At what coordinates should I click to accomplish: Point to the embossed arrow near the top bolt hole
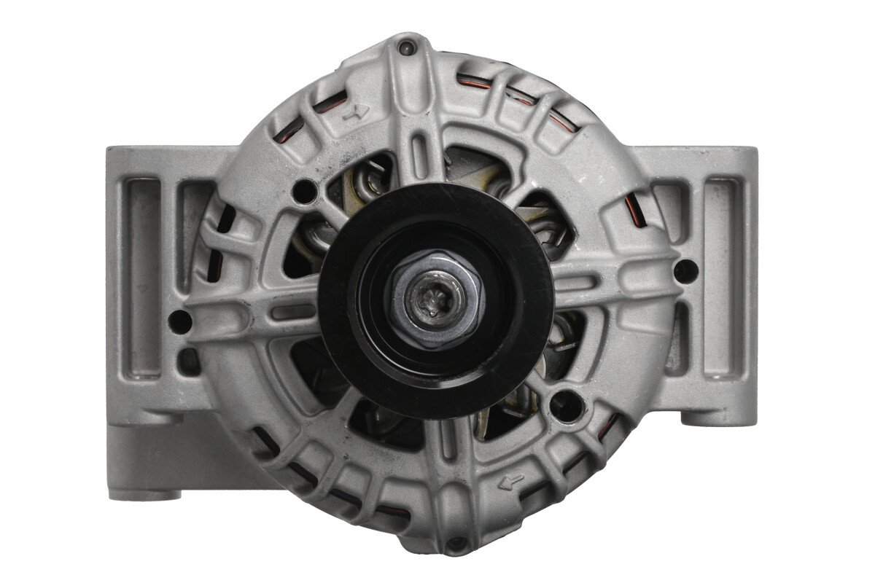click(357, 111)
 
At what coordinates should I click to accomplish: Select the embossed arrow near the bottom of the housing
click(513, 480)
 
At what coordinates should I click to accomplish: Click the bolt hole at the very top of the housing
click(406, 48)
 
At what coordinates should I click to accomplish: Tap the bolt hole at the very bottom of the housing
click(456, 543)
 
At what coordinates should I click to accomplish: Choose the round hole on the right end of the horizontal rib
click(685, 271)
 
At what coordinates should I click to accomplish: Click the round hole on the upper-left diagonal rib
click(303, 192)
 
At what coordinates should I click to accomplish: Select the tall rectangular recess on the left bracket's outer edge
click(143, 277)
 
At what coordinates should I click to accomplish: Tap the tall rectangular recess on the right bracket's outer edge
click(722, 277)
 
